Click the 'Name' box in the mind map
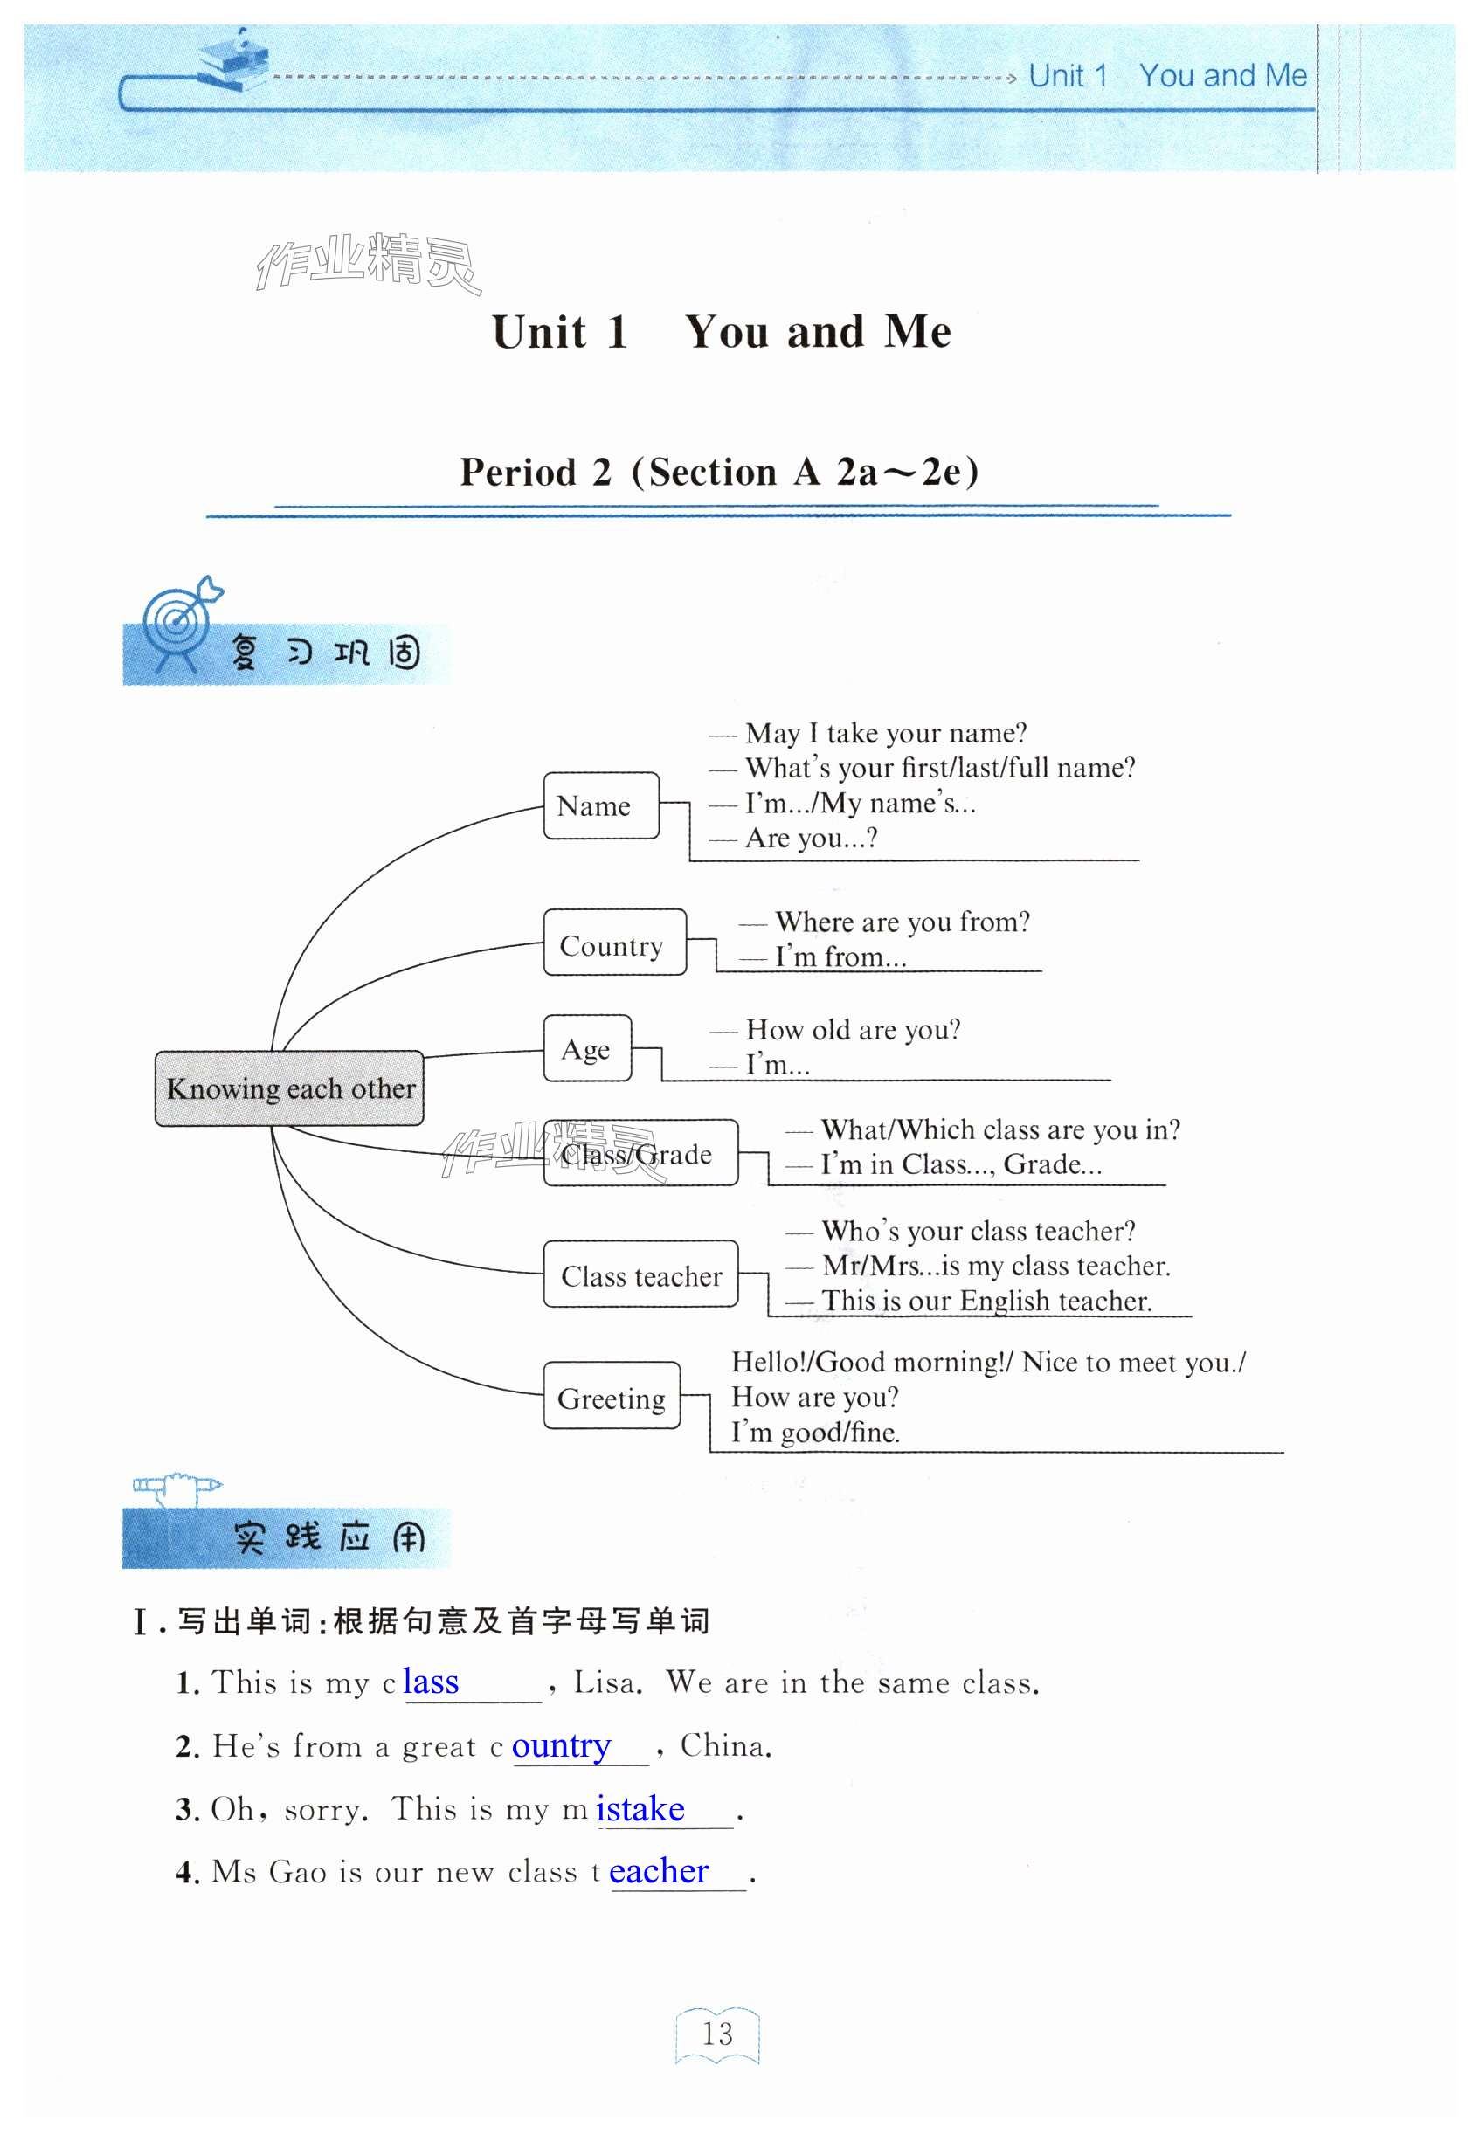(600, 805)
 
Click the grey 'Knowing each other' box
(289, 1088)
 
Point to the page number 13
(716, 2034)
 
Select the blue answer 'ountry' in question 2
(561, 1745)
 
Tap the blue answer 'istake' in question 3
(640, 1808)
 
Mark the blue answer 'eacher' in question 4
(659, 1871)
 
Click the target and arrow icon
(182, 618)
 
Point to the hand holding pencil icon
(176, 1487)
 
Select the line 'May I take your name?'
(885, 734)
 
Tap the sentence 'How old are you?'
(852, 1029)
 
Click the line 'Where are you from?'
(902, 922)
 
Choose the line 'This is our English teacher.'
(986, 1301)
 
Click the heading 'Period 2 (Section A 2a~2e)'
(720, 472)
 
